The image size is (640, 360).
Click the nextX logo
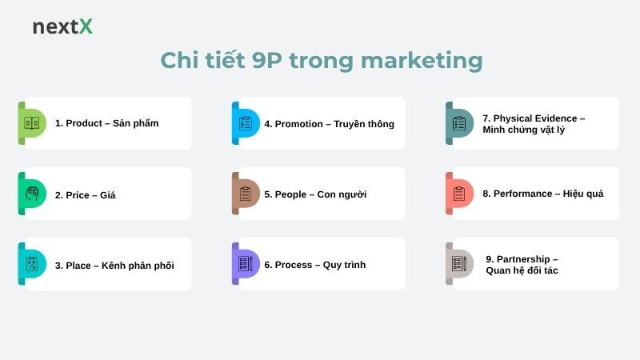pos(62,26)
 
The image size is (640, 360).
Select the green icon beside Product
pos(32,123)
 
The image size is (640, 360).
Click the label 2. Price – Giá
pos(85,194)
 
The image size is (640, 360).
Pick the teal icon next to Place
pos(32,264)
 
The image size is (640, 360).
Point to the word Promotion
pos(298,124)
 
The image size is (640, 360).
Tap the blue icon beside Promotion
pos(246,123)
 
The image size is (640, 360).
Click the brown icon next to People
pos(246,194)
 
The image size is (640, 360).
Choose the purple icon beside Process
pos(246,264)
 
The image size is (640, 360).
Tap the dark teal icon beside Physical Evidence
pos(459,123)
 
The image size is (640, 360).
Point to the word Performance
pos(522,194)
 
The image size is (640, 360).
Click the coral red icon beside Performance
pos(459,194)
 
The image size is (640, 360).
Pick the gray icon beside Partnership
pos(459,264)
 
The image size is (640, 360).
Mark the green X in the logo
pos(85,26)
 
